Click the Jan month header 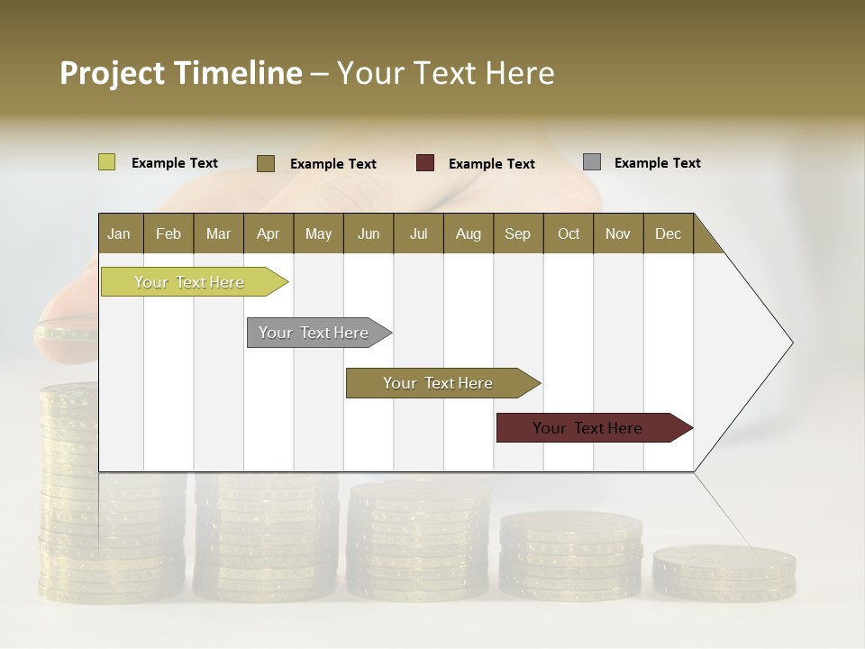click(119, 233)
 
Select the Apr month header click(268, 233)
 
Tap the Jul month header click(418, 233)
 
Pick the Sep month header click(517, 233)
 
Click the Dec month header click(668, 233)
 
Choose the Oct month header click(569, 233)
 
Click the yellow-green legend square click(107, 162)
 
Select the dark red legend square click(425, 163)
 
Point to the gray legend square click(592, 162)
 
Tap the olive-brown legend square click(266, 163)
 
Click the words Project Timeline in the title click(180, 73)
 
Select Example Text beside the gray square click(657, 163)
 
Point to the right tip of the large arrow click(791, 343)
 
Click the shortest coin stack click(724, 573)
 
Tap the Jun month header click(369, 233)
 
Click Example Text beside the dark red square click(491, 164)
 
